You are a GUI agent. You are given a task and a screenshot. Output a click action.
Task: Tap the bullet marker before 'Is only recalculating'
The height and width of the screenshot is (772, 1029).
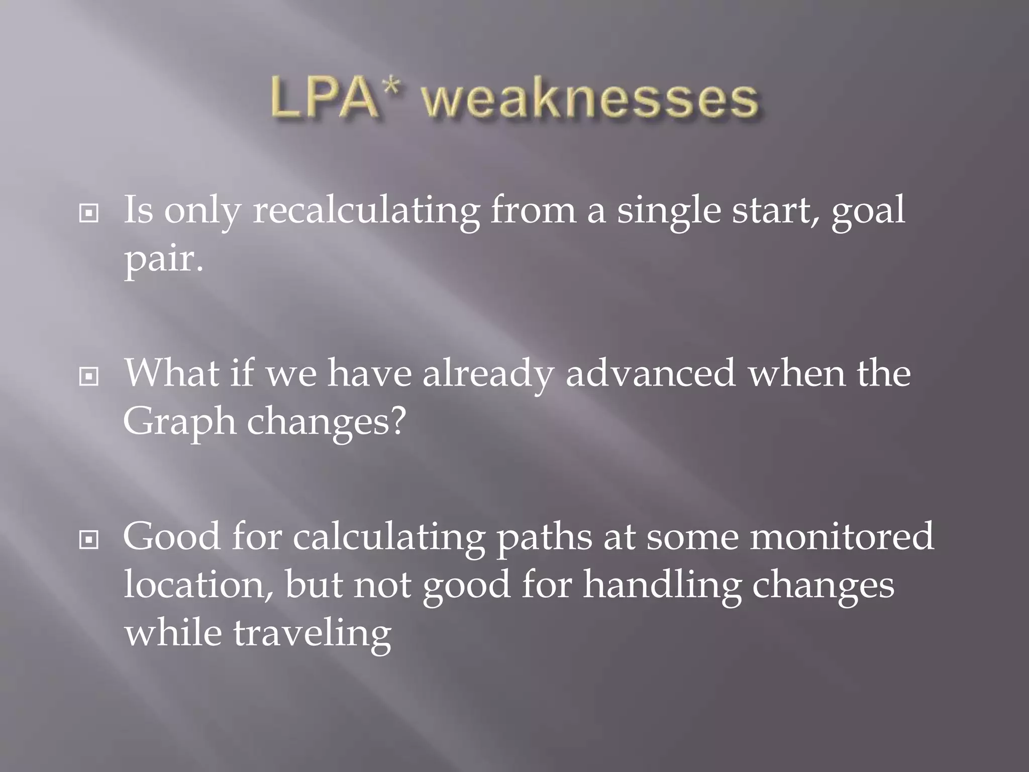coord(89,214)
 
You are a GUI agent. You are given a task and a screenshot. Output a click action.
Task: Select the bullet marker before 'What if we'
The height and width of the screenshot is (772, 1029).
coord(89,376)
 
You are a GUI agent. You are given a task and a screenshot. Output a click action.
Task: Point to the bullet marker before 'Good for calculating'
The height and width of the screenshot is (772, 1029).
coord(89,540)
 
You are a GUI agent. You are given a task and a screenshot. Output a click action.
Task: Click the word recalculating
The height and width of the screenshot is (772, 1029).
coord(366,211)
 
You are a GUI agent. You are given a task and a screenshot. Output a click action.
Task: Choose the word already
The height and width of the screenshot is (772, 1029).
coord(488,375)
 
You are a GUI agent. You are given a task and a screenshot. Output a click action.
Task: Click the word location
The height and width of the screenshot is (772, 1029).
coord(198,585)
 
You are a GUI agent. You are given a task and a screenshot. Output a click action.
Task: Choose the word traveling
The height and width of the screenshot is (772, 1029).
coord(312,634)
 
